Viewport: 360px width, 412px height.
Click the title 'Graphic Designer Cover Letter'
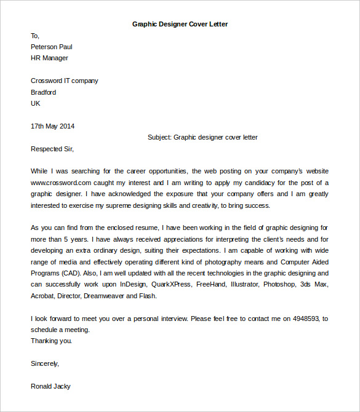180,25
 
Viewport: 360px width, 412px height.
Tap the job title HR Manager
49,58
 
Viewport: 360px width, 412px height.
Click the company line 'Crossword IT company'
64,81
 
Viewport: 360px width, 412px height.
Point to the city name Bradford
43,92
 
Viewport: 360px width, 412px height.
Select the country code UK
36,103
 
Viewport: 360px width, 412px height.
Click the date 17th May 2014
52,126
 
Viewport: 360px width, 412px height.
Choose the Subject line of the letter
202,137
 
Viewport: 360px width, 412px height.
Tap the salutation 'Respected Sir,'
52,148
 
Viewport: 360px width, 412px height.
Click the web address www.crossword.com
61,183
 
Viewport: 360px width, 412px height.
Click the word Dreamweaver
111,296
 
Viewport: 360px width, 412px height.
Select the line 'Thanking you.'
51,341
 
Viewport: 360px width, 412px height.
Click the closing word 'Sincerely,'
45,363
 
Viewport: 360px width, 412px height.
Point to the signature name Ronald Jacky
50,386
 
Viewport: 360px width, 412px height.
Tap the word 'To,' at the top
35,36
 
